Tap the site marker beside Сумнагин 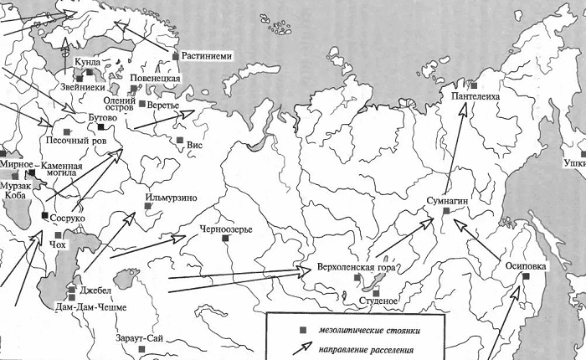point(446,212)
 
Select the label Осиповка point(527,267)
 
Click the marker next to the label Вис point(179,140)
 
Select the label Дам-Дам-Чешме point(98,307)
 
